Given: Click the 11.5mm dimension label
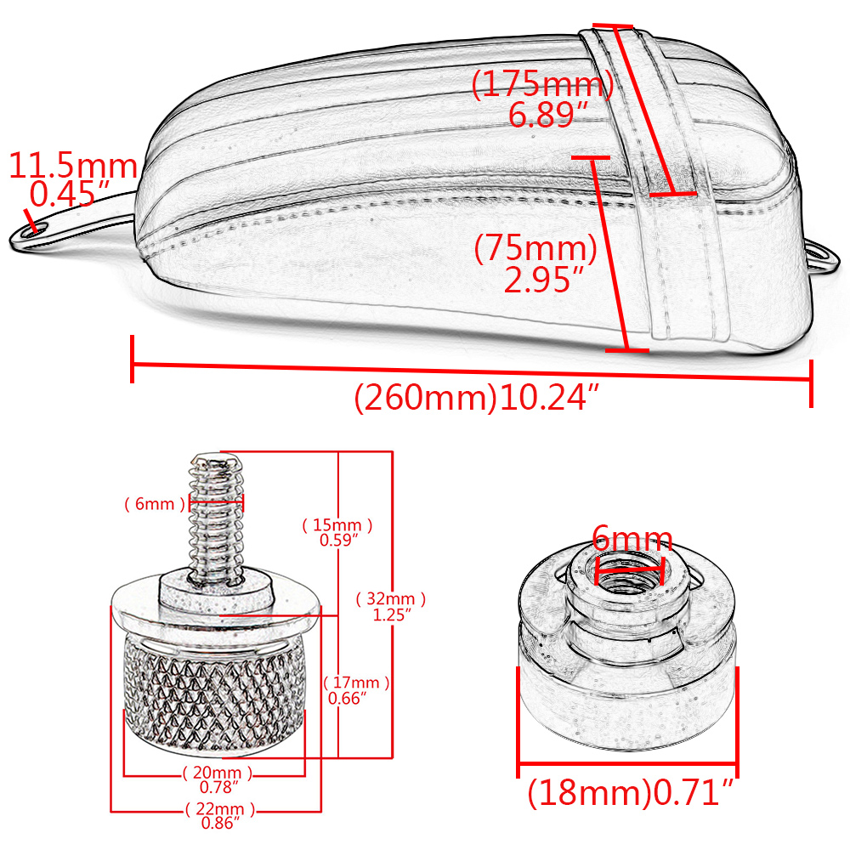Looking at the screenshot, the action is [x=73, y=166].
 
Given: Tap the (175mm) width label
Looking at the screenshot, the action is [x=542, y=84].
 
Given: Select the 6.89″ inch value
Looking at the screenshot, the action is [x=548, y=115].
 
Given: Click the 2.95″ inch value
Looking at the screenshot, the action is [x=544, y=280].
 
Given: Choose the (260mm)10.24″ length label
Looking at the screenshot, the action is [x=477, y=397].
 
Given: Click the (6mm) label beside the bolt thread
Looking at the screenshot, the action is [x=155, y=503].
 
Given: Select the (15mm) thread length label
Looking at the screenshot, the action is [x=337, y=524].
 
